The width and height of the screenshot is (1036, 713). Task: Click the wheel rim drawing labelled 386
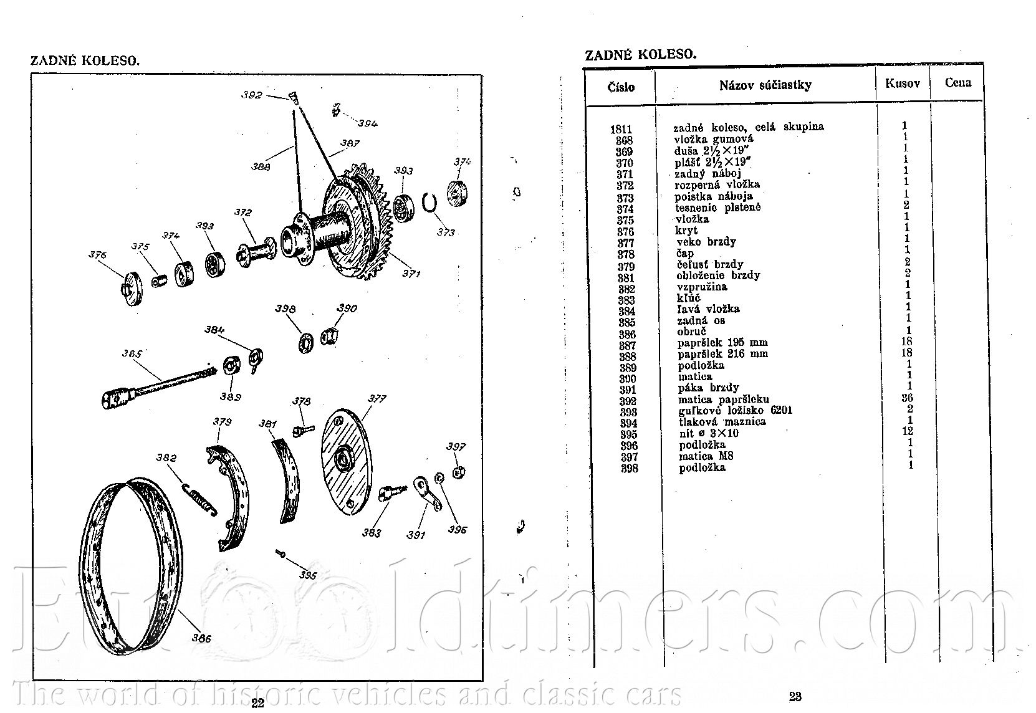coord(88,569)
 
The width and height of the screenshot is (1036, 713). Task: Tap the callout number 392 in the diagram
coord(252,95)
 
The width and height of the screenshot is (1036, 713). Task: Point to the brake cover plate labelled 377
coord(345,462)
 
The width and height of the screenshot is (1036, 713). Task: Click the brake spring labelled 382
coord(199,499)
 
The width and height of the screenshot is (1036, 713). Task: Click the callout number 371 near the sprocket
coord(411,274)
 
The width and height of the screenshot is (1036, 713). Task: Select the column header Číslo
coord(621,87)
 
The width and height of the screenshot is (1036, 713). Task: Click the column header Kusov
coord(903,84)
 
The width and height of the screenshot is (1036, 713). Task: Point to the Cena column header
coord(958,82)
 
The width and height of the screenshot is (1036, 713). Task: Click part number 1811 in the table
coord(621,130)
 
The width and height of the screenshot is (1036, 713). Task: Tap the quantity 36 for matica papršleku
coord(908,398)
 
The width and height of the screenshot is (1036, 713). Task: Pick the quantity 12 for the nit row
coord(908,431)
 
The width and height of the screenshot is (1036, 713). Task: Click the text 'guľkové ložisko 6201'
coord(736,411)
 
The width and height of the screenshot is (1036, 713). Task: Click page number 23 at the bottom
coord(795,696)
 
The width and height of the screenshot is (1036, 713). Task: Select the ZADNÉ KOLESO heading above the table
coord(641,55)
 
